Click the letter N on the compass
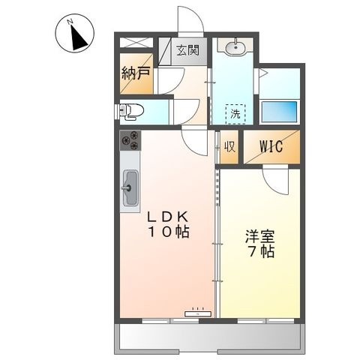(70, 22)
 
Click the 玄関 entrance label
(188, 50)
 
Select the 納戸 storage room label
(136, 73)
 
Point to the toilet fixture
(132, 111)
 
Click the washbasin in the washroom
(235, 46)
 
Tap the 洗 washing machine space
(235, 114)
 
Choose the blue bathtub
(279, 112)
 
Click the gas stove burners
(130, 140)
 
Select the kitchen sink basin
(130, 187)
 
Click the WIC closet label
(271, 146)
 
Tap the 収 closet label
(229, 146)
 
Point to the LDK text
(168, 217)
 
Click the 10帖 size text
(169, 232)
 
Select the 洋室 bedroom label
(260, 236)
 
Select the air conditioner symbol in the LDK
(198, 313)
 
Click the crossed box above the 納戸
(136, 43)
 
